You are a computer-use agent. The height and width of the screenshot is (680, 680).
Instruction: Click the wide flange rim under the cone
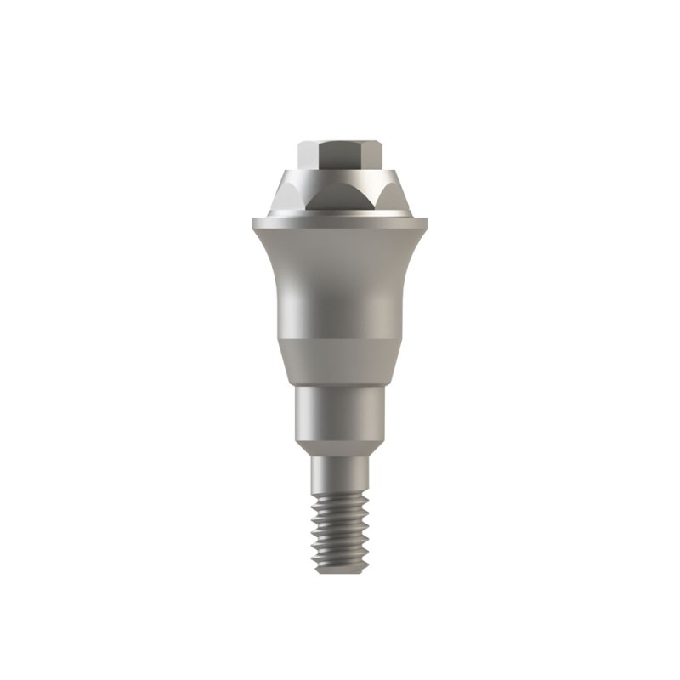pyautogui.click(x=340, y=224)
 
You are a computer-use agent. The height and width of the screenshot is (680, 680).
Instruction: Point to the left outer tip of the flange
pyautogui.click(x=252, y=223)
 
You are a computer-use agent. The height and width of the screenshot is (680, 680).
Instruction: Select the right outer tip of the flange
pyautogui.click(x=428, y=223)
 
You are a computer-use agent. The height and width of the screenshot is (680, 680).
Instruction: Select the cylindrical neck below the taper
pyautogui.click(x=340, y=412)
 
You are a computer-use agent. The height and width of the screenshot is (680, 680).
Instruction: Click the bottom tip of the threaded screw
pyautogui.click(x=340, y=569)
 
